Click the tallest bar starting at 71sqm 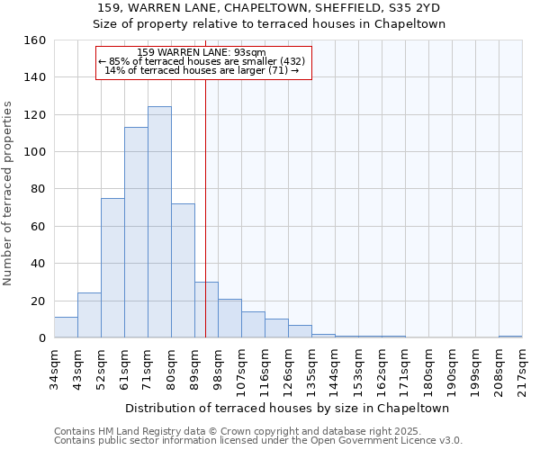[159, 222]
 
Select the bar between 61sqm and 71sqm [136, 232]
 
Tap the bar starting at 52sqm [112, 268]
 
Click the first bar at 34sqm [66, 328]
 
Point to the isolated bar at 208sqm [510, 337]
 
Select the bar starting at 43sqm [89, 316]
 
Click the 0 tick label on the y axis [41, 338]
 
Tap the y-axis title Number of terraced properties [9, 193]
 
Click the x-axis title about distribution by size [287, 408]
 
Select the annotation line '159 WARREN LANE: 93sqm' [202, 52]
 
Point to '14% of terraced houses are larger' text [202, 70]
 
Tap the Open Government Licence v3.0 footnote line [258, 440]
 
